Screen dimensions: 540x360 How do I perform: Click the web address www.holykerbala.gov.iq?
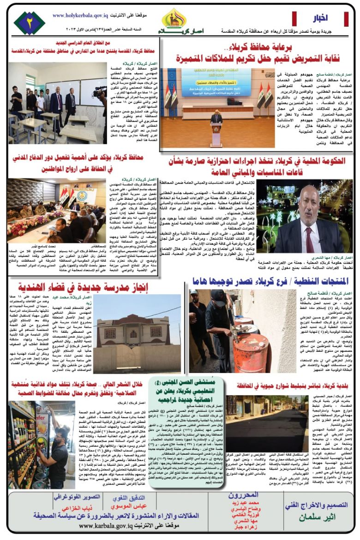coord(81,15)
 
